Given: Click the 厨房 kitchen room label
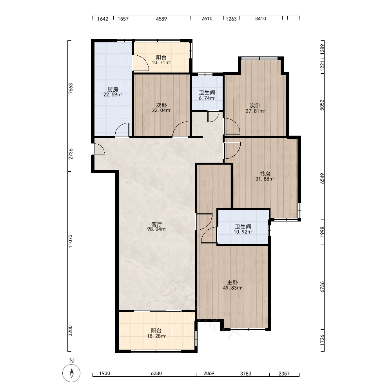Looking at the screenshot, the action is coord(113,89).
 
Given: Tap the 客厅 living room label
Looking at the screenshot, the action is coord(157,224).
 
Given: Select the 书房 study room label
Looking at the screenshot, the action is coord(265,174).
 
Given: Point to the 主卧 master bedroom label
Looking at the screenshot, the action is coord(232,283).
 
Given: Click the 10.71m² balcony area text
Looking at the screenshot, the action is coord(161,62).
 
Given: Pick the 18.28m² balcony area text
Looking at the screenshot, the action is coord(156,336).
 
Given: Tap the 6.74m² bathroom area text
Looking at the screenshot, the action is coord(207,98).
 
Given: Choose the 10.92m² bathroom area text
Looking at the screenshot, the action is coord(243,232).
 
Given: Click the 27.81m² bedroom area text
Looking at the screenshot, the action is coord(255,111).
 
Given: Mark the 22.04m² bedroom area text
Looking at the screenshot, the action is coord(162,111).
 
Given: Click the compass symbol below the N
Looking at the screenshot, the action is coord(71,373).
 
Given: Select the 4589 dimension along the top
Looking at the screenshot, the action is coord(161,19).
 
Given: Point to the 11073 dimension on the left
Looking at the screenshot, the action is coord(71,241).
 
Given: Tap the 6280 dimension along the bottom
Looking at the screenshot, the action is coord(156,373).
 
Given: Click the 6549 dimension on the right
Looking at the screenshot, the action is coord(323,178).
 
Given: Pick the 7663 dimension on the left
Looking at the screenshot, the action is coord(71,89).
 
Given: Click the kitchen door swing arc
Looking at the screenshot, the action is coord(122,130).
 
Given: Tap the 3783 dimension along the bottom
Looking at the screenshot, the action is coord(246,374).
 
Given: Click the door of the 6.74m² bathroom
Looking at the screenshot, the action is coord(213,117).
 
